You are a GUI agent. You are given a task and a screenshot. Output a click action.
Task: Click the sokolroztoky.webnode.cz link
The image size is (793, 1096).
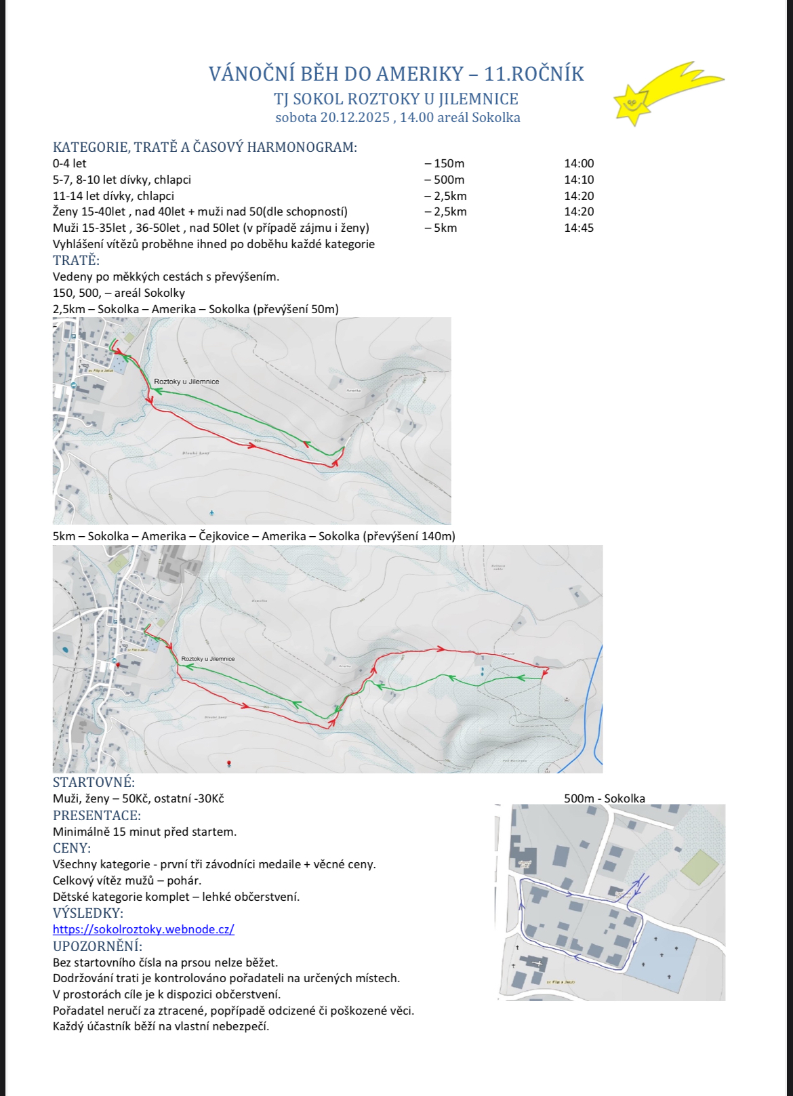[x=144, y=929]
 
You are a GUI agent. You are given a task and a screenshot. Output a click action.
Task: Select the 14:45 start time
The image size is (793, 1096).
[x=579, y=228]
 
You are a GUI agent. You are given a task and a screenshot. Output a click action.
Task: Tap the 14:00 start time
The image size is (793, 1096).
[x=579, y=163]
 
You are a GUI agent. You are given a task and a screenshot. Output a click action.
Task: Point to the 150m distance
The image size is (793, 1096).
[x=446, y=163]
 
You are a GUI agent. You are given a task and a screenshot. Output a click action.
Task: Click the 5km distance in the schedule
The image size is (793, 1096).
[x=443, y=228]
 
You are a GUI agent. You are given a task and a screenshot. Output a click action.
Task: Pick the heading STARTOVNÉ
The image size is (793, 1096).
[x=94, y=783]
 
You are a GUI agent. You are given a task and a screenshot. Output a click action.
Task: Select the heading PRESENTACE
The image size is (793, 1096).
[x=97, y=815]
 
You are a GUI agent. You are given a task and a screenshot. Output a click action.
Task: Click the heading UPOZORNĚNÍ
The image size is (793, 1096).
[x=98, y=946]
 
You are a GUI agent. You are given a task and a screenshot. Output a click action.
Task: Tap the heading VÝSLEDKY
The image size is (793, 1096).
[x=88, y=913]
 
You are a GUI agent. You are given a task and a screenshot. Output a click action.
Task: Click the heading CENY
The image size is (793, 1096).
[x=72, y=848]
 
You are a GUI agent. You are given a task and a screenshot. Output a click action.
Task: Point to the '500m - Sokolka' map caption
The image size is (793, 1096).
[x=604, y=798]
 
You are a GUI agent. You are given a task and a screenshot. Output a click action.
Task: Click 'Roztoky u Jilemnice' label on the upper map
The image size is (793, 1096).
[x=186, y=382]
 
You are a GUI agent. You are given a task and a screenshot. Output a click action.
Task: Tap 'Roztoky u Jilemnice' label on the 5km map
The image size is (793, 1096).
[x=208, y=659]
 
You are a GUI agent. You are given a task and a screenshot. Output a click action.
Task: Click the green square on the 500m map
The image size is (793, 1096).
[x=699, y=867]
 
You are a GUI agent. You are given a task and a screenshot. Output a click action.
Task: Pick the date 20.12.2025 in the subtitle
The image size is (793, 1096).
[x=354, y=117]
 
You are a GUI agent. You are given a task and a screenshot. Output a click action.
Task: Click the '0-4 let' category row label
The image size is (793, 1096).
[x=70, y=163]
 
